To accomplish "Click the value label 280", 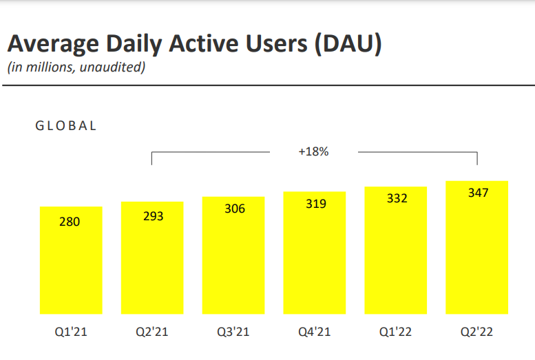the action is (x=70, y=222).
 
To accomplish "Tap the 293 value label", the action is (x=153, y=216).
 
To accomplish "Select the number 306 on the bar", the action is (x=235, y=209).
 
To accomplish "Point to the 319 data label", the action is (x=316, y=204).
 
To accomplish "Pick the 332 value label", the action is (x=397, y=198).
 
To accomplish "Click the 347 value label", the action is (x=479, y=193).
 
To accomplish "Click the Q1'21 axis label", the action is (x=71, y=332).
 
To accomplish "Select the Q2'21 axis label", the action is (x=152, y=332).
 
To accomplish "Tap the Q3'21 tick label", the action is (x=233, y=332).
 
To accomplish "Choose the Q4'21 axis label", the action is (x=315, y=332).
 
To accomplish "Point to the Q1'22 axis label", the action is (x=396, y=332).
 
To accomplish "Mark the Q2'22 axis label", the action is (x=477, y=332).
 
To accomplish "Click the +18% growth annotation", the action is (x=313, y=151).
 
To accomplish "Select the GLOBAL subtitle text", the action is (x=66, y=126).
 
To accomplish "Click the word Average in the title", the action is (x=53, y=44).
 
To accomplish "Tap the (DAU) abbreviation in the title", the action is (x=348, y=43).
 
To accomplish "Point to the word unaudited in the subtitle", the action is (x=113, y=67).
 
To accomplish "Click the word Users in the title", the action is (x=276, y=43).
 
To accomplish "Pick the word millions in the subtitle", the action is (x=50, y=67).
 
